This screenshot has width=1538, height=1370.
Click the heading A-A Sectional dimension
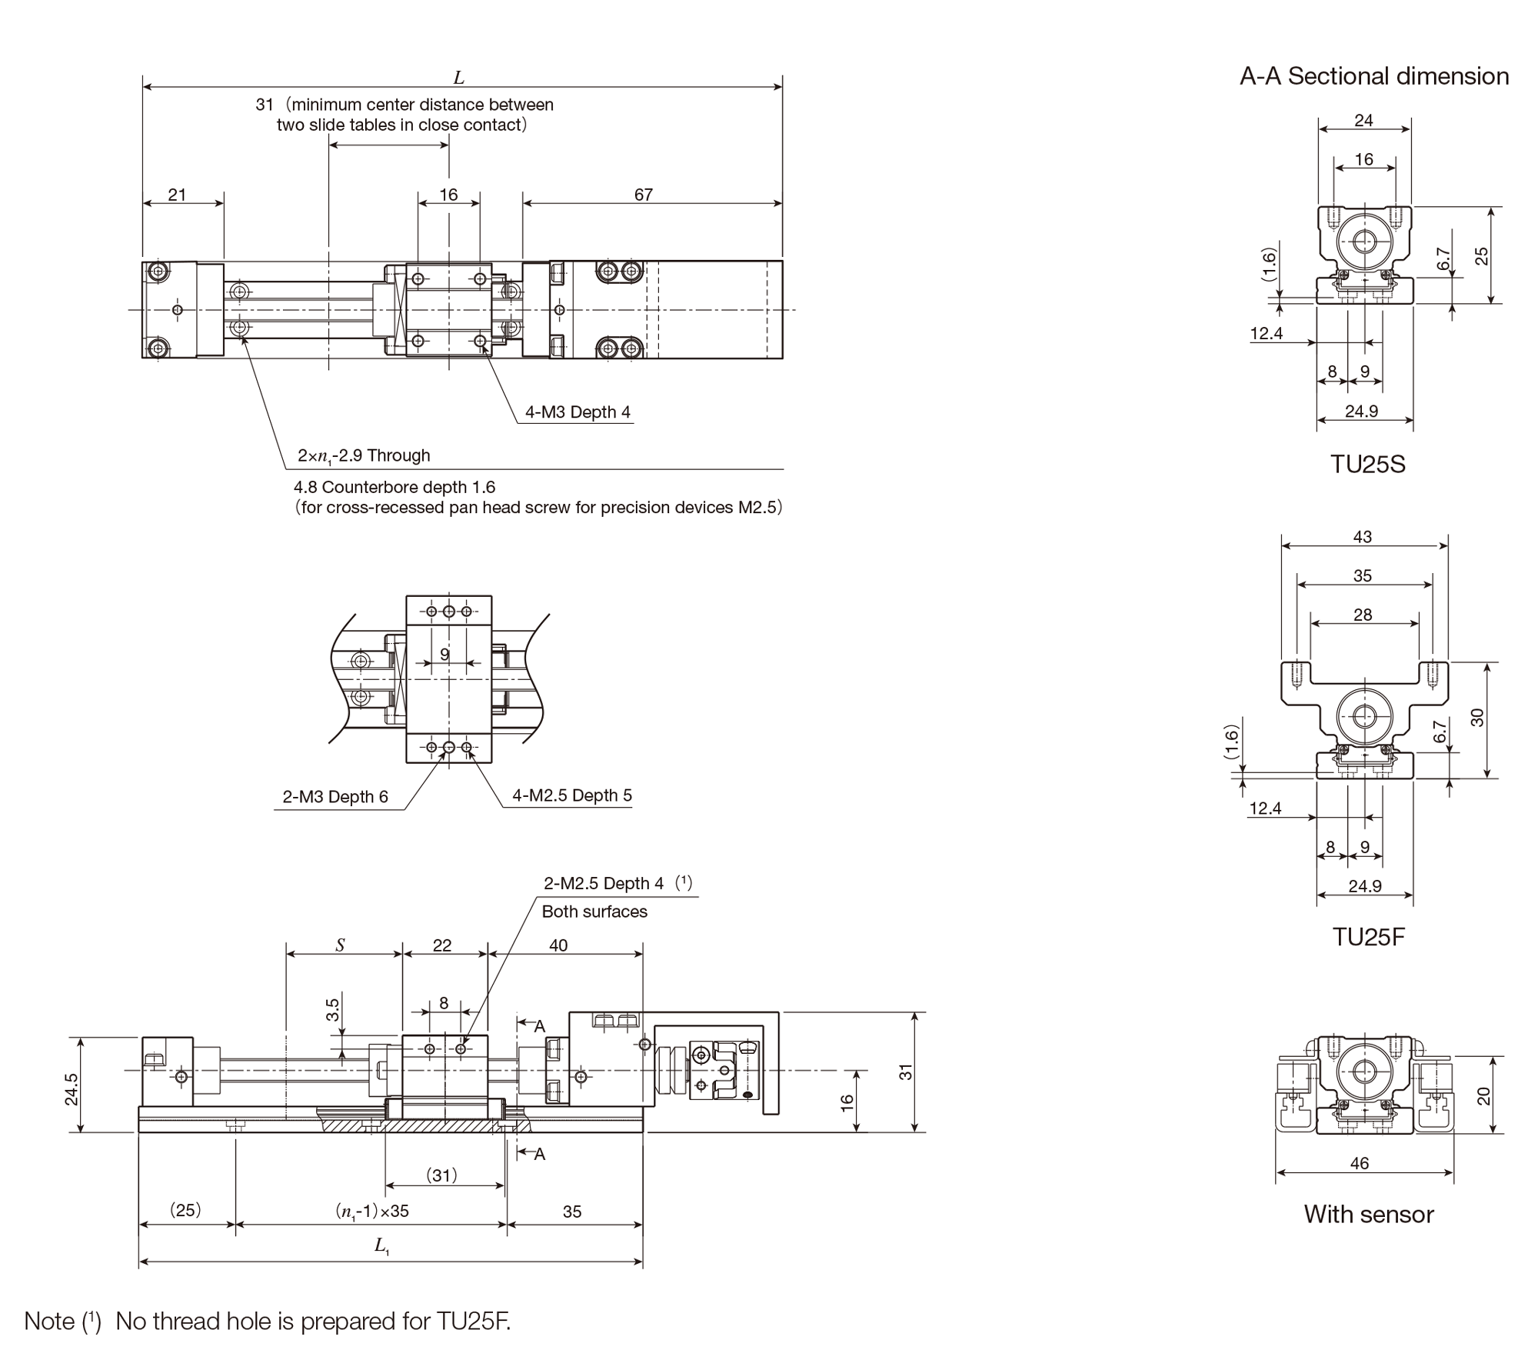point(1374,76)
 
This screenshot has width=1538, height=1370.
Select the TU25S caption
point(1367,465)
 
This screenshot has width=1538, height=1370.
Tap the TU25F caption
point(1368,936)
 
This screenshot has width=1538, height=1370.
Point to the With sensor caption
point(1369,1214)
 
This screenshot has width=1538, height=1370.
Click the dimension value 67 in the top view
point(644,195)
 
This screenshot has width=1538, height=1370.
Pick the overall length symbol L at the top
point(459,78)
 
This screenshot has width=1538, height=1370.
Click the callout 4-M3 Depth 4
point(578,412)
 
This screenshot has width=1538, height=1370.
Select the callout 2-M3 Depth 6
point(335,797)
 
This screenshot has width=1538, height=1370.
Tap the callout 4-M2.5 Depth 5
point(572,795)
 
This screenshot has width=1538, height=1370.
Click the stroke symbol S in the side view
point(340,945)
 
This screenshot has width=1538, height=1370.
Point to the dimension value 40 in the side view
point(558,945)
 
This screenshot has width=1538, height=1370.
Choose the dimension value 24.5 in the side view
point(72,1089)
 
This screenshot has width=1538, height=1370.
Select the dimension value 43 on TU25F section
point(1362,537)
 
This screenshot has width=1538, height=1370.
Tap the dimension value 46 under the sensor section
point(1360,1163)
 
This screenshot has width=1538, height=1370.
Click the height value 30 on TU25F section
point(1476,718)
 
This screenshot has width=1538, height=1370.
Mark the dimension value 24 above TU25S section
point(1363,120)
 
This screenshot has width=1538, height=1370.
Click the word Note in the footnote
point(50,1321)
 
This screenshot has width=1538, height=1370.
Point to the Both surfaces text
point(594,912)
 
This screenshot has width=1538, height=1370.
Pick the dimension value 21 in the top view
point(177,195)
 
